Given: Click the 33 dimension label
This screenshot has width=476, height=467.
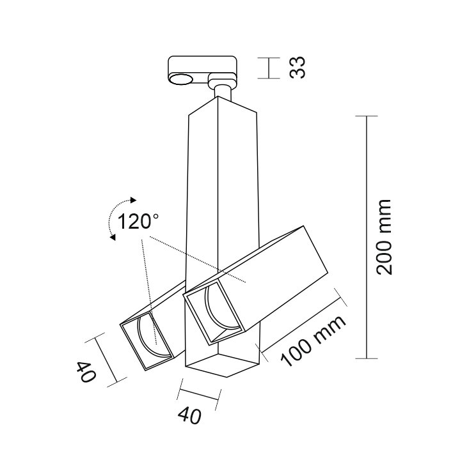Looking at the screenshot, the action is [x=297, y=68].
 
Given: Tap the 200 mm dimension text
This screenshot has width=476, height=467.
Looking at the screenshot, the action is [x=383, y=237].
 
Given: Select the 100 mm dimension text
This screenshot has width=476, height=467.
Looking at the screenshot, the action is [x=313, y=341].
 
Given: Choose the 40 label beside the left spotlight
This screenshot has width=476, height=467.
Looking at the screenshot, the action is [x=86, y=372].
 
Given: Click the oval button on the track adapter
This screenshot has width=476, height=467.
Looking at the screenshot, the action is [x=181, y=79].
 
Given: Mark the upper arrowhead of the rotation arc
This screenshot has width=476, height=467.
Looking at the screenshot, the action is [x=133, y=200].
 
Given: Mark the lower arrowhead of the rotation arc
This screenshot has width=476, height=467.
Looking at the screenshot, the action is [x=113, y=237].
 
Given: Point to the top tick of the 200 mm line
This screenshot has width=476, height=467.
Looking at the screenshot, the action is [x=367, y=116].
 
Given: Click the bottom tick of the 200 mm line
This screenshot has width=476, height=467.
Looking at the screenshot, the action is [x=367, y=358].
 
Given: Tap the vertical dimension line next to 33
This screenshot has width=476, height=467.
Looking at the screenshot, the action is [x=269, y=68].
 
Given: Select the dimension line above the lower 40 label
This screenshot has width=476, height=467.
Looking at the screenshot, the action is [x=199, y=394].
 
